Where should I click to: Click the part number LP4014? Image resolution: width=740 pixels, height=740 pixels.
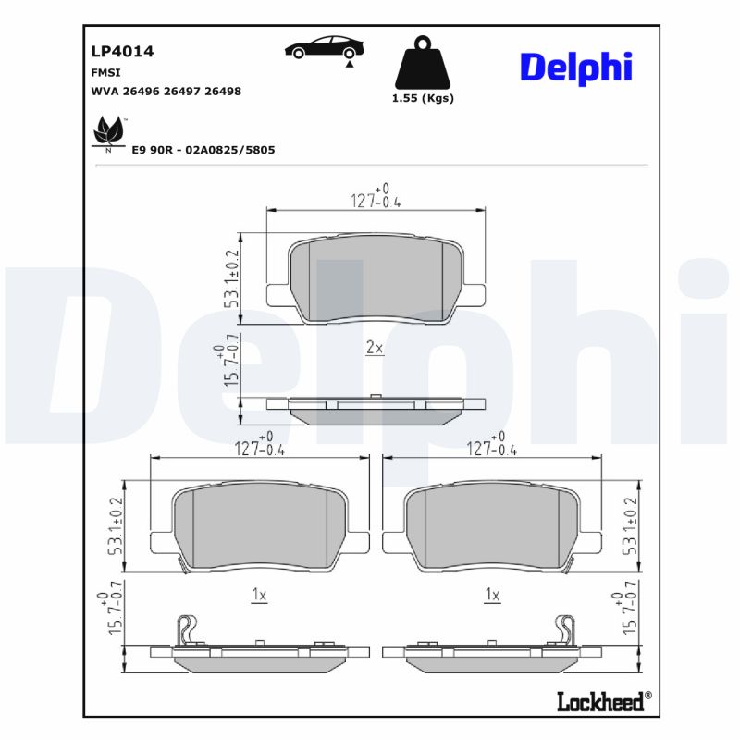(122, 52)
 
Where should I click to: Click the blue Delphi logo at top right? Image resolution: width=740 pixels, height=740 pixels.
(575, 67)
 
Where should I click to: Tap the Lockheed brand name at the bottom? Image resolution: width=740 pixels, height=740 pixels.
(600, 701)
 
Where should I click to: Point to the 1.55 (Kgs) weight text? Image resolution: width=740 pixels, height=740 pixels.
(424, 98)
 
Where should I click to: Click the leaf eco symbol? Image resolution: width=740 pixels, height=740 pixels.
(108, 133)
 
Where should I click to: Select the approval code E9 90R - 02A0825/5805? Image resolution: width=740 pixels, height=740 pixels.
(203, 149)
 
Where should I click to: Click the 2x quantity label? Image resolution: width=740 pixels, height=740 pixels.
(375, 348)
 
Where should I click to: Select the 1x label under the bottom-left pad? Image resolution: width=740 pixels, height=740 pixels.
(259, 596)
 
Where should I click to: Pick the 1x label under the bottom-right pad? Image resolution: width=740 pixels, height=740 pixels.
(492, 596)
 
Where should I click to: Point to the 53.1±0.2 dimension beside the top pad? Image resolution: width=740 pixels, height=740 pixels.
(231, 277)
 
